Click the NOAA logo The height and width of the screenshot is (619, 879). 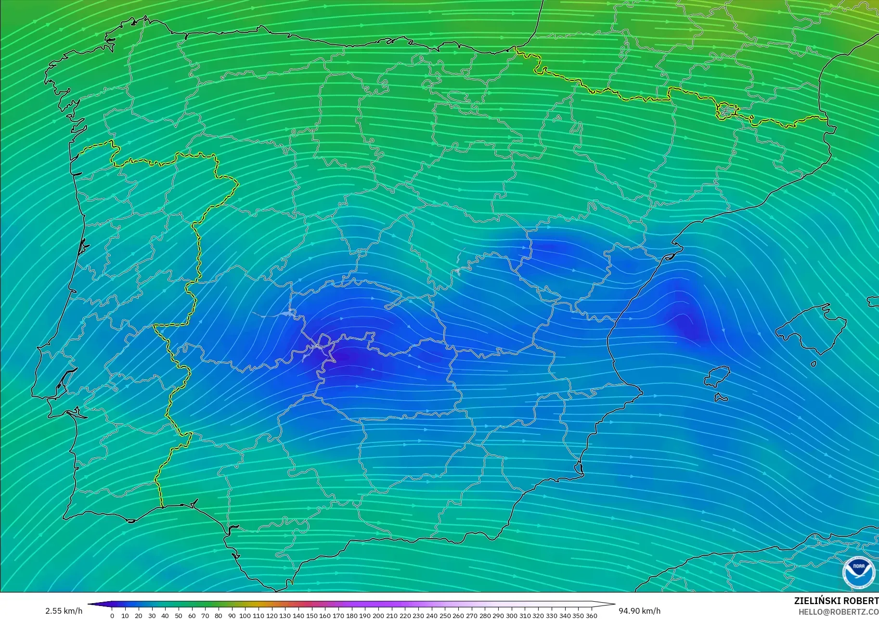(859, 572)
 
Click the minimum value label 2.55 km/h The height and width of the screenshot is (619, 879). (64, 611)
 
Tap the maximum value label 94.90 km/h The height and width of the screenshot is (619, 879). (639, 611)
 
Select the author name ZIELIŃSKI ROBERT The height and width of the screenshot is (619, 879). (836, 601)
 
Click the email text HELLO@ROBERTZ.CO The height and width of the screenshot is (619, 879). (838, 612)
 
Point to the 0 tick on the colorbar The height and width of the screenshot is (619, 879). (112, 616)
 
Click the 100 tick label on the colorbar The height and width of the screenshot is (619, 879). (245, 616)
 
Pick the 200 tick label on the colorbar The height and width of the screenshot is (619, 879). (378, 616)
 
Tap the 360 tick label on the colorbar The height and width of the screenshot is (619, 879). (591, 616)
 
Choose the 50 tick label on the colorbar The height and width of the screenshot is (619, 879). (179, 616)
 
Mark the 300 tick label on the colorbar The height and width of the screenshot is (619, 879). (511, 616)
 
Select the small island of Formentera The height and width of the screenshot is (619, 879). (721, 398)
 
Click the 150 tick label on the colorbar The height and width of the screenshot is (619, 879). (311, 616)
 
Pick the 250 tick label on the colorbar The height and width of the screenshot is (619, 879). (445, 616)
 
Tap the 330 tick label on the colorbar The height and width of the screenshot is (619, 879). (551, 616)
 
